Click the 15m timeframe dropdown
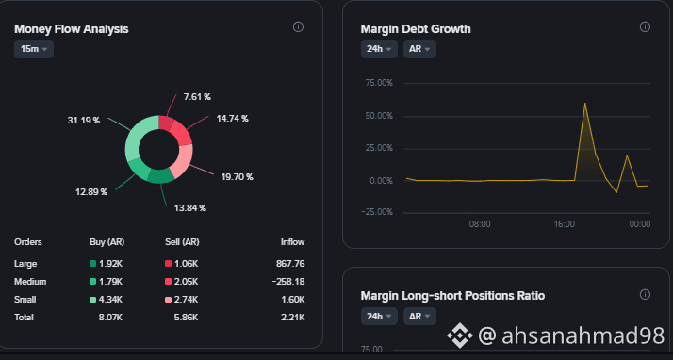(34, 49)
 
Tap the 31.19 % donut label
(83, 121)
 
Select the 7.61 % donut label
(197, 97)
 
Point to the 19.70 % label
(237, 177)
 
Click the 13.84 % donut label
(189, 208)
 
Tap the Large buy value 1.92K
(110, 264)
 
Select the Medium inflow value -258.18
(288, 282)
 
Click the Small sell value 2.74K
(186, 300)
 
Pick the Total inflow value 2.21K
(293, 318)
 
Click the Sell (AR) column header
(182, 242)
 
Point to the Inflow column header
(293, 242)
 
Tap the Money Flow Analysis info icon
(298, 27)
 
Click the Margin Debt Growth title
(416, 29)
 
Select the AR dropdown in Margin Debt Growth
(419, 49)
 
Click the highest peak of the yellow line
(584, 103)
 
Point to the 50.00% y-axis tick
(379, 116)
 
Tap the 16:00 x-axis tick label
(564, 224)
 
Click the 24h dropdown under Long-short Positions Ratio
(379, 317)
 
